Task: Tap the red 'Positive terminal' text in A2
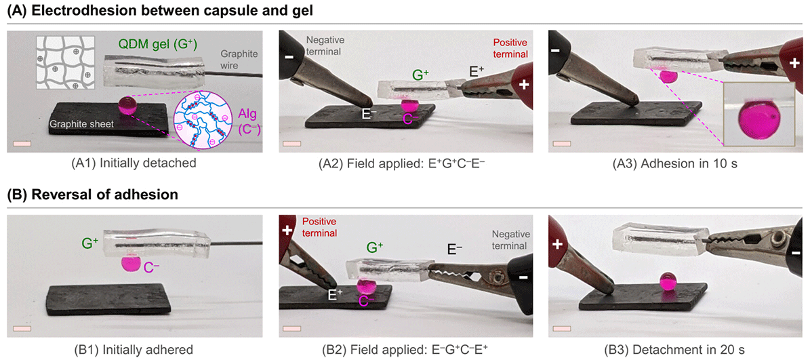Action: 511,47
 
